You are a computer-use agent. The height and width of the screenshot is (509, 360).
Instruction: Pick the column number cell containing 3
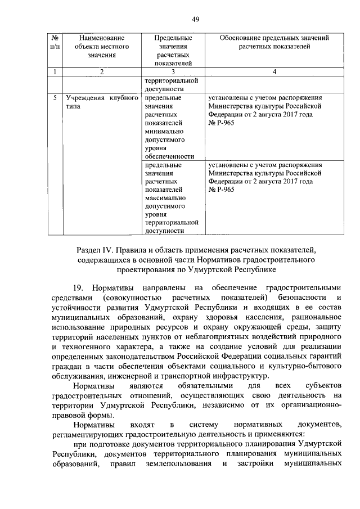(x=173, y=72)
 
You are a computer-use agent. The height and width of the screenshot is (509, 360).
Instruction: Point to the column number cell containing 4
(x=274, y=72)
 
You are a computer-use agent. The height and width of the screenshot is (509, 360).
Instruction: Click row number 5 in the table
(x=55, y=97)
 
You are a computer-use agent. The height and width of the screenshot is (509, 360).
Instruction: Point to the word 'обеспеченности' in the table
(x=169, y=156)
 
